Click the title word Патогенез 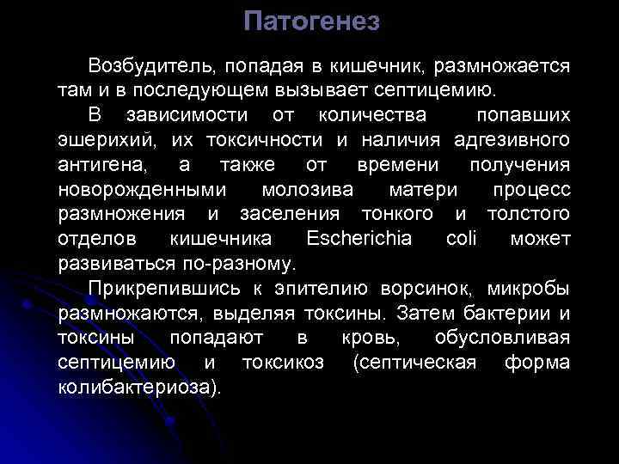coord(310,21)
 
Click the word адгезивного coord(514,138)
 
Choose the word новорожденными coord(143,188)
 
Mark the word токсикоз coord(283,362)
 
